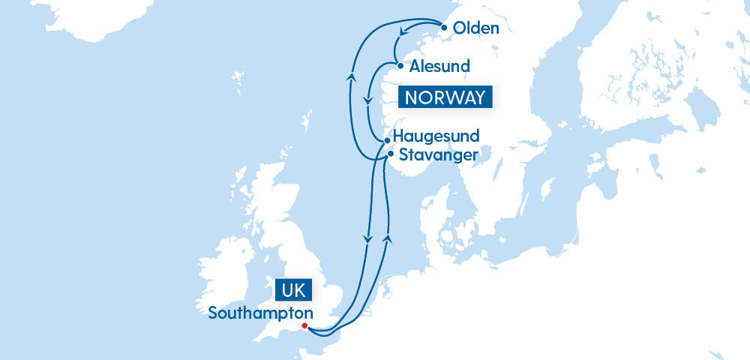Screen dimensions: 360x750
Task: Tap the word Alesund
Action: pos(439,66)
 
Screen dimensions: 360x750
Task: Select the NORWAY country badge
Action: pos(448,97)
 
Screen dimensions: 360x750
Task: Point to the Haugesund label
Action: pos(436,136)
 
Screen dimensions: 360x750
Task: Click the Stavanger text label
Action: pos(437,155)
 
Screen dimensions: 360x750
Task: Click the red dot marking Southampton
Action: pos(304,325)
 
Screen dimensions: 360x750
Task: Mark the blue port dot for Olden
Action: pos(444,28)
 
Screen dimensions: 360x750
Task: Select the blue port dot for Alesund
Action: pos(400,65)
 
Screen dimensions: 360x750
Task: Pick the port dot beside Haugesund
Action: pos(386,139)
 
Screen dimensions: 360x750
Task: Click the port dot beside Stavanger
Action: pos(390,154)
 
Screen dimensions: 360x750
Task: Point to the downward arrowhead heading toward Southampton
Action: pos(367,239)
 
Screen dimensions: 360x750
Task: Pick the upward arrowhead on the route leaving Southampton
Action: pos(388,237)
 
